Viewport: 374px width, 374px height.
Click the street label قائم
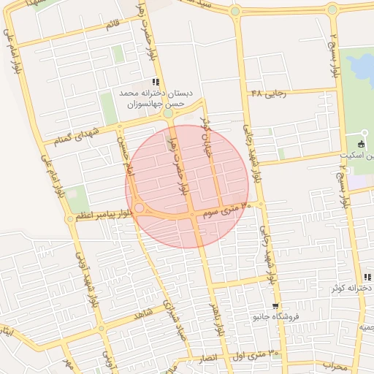coord(111,26)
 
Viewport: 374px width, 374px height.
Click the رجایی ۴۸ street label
coord(268,93)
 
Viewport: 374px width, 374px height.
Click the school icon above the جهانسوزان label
coord(155,82)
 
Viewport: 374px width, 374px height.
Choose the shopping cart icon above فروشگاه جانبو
coord(275,306)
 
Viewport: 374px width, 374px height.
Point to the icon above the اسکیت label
coord(364,143)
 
